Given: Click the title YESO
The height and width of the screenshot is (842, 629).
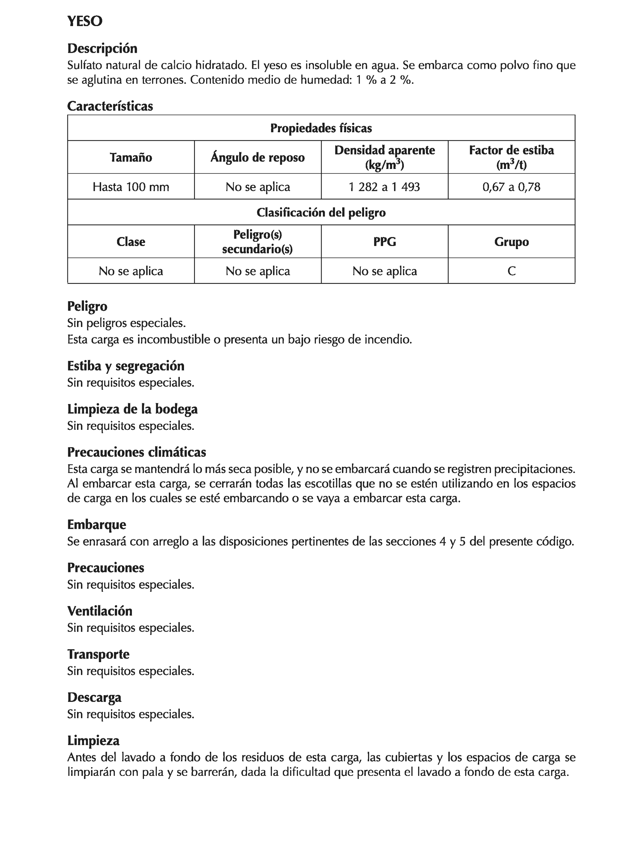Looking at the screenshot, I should point(85,21).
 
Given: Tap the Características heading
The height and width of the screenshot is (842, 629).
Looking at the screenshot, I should point(110,106).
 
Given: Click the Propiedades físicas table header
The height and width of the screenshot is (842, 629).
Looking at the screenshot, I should point(321,128).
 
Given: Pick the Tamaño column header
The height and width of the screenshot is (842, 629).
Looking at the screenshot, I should point(131,157).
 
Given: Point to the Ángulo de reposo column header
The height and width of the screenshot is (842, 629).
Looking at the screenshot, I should point(258,157).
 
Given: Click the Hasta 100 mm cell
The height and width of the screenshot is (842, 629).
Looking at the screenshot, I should point(131,187).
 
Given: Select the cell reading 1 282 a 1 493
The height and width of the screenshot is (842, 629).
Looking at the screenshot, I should point(384,187).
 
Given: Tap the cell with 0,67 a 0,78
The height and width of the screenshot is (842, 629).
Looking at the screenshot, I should point(511,187).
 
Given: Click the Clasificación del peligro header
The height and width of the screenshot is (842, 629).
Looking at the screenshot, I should point(321,212).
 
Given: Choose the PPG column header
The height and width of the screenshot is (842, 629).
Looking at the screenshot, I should point(384,241).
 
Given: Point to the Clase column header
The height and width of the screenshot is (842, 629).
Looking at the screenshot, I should point(131,241).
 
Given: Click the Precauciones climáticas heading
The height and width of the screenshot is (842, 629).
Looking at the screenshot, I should point(137,452).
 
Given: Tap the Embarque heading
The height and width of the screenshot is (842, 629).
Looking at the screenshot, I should point(97,524).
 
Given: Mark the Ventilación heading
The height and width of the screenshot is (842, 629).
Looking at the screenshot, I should point(100,611).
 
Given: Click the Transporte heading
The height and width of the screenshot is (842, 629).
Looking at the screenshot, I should point(98,654).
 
